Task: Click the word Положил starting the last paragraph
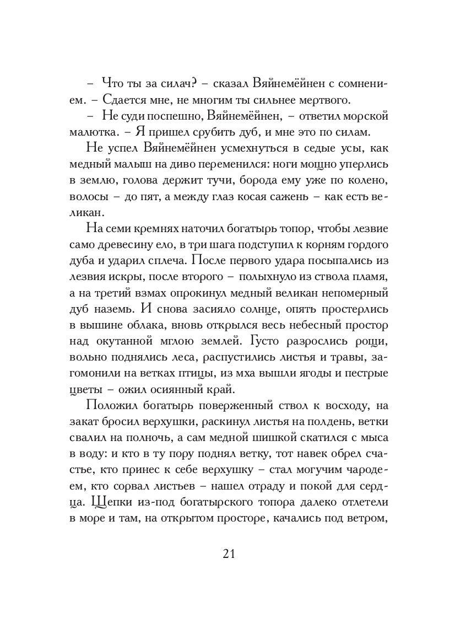[113, 406]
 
